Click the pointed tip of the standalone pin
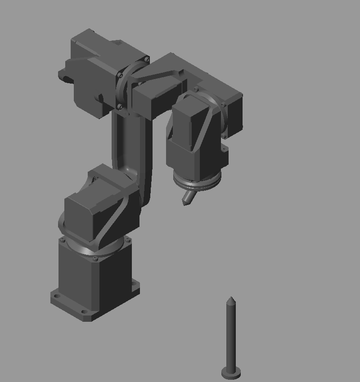click(230, 298)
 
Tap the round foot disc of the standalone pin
click(231, 373)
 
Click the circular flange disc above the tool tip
click(198, 184)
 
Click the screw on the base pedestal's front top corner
click(94, 258)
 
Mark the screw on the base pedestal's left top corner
click(63, 240)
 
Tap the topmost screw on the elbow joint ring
click(147, 59)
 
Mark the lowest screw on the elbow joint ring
click(119, 107)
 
